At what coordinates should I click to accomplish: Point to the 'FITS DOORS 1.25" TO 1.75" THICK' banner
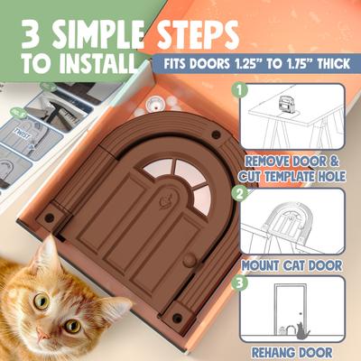point(255,65)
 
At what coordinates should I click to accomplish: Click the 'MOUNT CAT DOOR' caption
point(292,267)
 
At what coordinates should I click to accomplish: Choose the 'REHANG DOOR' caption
point(292,352)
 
